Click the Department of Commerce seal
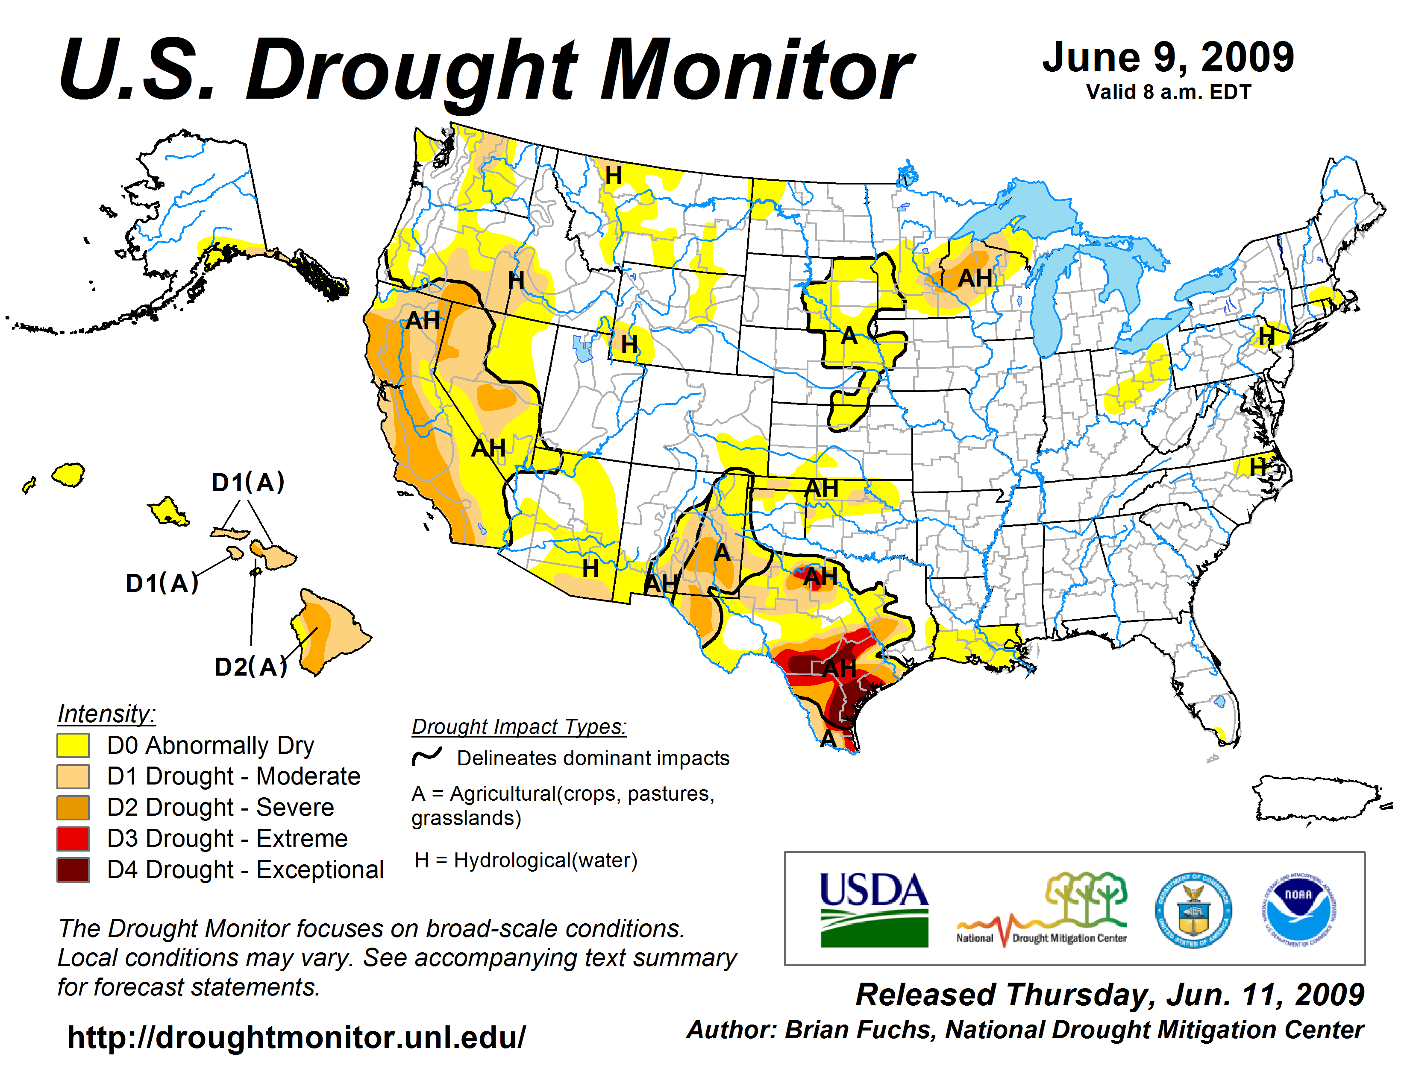click(x=1193, y=910)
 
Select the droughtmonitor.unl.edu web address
click(x=297, y=1037)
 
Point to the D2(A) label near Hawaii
click(x=250, y=667)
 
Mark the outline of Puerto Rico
click(x=1317, y=799)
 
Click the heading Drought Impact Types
click(x=519, y=726)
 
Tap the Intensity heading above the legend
click(x=106, y=714)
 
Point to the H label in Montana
click(x=613, y=176)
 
